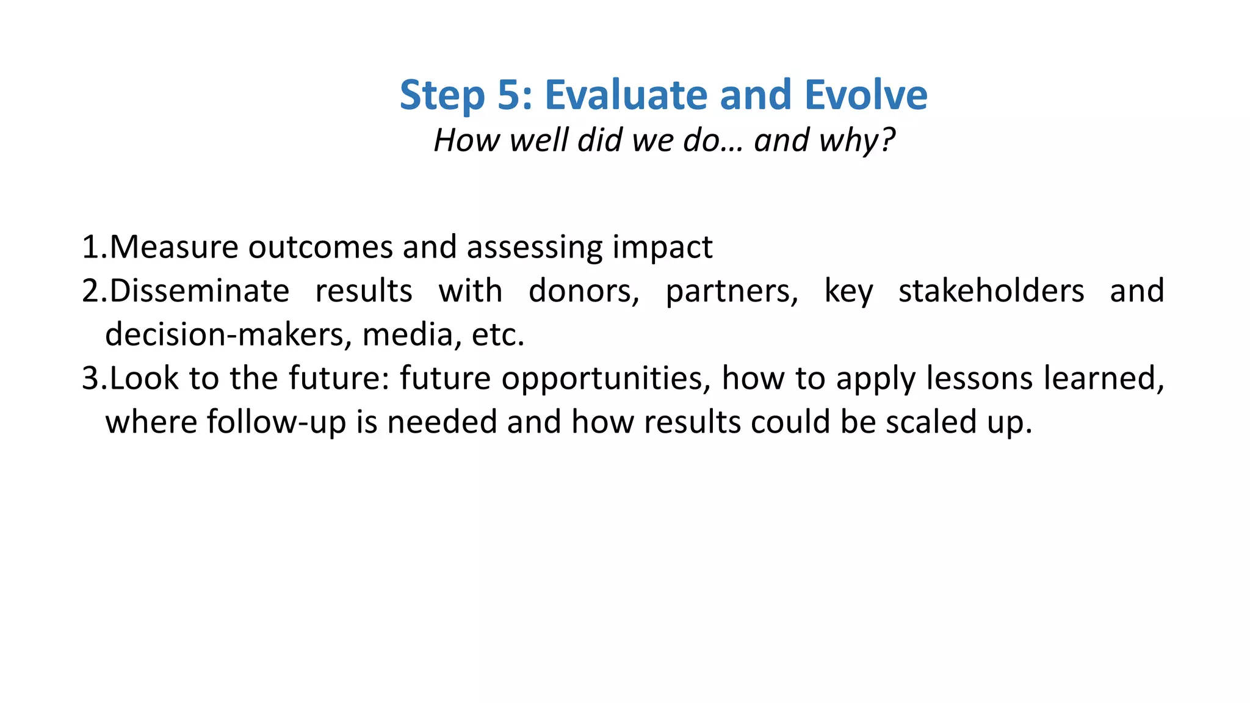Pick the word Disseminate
pyautogui.click(x=200, y=291)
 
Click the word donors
pyautogui.click(x=583, y=291)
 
